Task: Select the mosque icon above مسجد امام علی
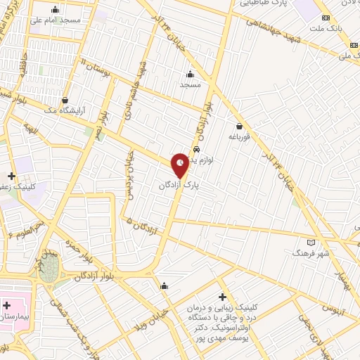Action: coord(56,10)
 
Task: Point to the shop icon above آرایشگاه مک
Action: coord(65,101)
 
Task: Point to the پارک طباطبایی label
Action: coord(264,4)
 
